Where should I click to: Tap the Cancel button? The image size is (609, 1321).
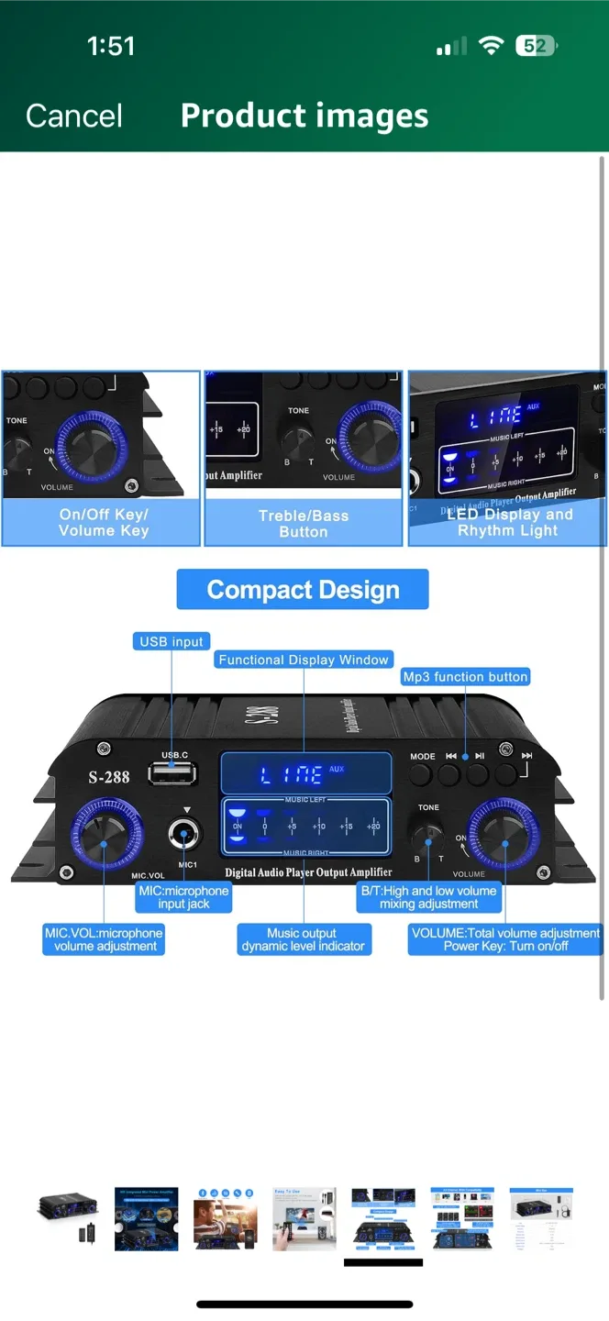pyautogui.click(x=74, y=116)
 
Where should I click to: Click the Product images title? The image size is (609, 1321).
pyautogui.click(x=304, y=116)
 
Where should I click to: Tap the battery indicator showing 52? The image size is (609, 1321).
pyautogui.click(x=537, y=46)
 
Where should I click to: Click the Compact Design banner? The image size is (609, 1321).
pyautogui.click(x=303, y=589)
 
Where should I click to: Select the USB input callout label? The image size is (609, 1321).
pyautogui.click(x=172, y=641)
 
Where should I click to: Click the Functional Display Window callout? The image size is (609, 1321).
pyautogui.click(x=304, y=659)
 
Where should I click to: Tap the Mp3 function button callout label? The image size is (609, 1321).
pyautogui.click(x=465, y=676)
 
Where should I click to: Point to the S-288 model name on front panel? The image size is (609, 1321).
pyautogui.click(x=109, y=777)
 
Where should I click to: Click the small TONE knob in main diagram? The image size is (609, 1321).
pyautogui.click(x=428, y=836)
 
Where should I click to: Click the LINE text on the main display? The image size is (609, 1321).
pyautogui.click(x=292, y=776)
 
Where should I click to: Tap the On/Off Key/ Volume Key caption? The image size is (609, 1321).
pyautogui.click(x=103, y=523)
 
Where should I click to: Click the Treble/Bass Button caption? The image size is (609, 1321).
pyautogui.click(x=304, y=524)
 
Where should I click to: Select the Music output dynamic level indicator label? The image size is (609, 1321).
pyautogui.click(x=303, y=939)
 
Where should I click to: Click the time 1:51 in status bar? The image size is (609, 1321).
pyautogui.click(x=111, y=46)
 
